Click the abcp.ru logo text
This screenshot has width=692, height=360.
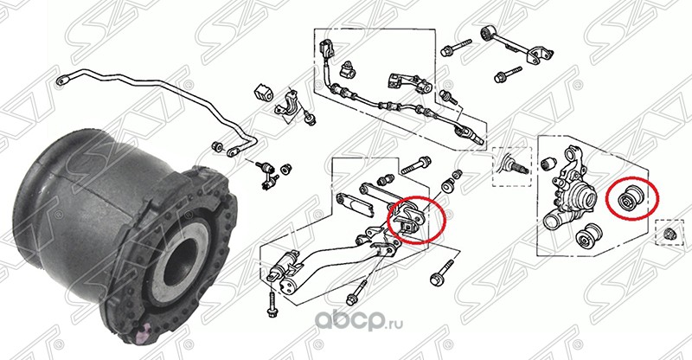coord(358,322)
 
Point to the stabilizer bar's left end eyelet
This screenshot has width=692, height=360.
coord(61,80)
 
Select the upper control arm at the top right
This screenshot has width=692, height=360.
coord(516,45)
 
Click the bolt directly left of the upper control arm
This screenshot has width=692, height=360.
coord(456,48)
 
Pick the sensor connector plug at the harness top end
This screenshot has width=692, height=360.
coord(325,49)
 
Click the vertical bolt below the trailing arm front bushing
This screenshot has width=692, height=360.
coord(272,305)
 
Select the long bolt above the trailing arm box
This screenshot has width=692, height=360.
coord(416,165)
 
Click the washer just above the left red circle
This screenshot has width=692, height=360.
coord(447,187)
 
